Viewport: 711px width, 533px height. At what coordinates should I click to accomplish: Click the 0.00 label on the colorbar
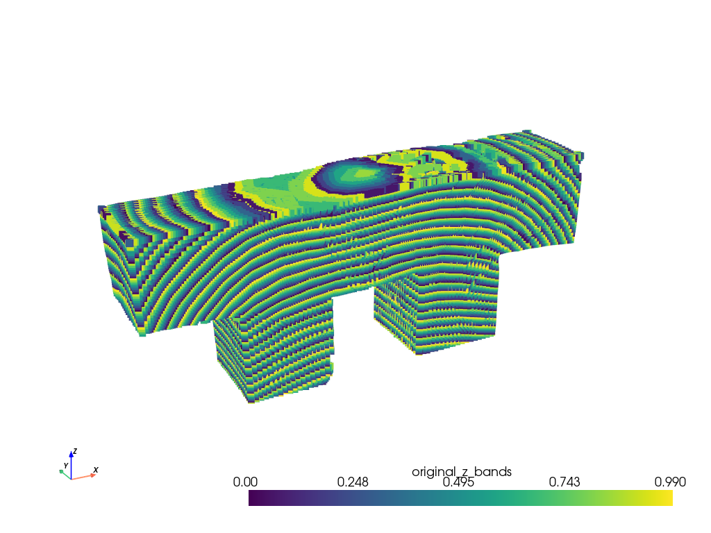click(245, 482)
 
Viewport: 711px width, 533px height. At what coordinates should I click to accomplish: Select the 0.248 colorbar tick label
click(352, 482)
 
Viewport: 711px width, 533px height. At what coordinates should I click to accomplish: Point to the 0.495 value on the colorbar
click(458, 482)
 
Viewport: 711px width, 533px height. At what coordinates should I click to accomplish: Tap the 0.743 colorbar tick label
click(564, 482)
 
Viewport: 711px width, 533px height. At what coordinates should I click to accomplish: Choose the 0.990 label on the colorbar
click(670, 482)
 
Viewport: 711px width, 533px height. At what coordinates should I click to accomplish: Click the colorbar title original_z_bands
click(462, 472)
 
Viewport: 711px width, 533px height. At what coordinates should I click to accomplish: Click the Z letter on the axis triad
click(75, 451)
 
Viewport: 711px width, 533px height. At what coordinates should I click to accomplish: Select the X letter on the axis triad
click(96, 470)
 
